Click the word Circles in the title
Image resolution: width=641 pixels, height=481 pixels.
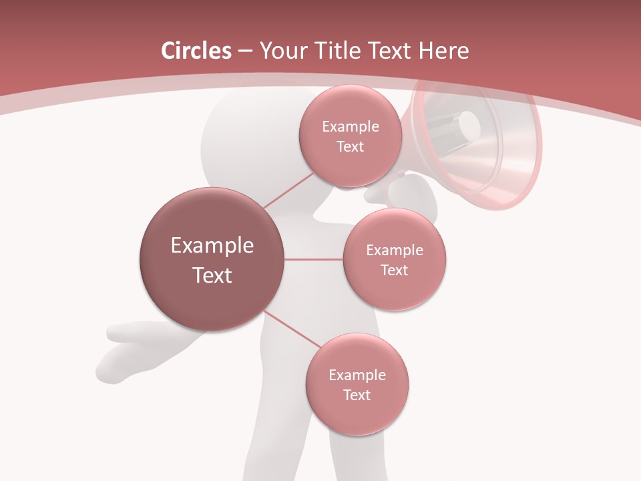pyautogui.click(x=196, y=51)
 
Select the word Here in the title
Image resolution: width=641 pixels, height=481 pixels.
pyautogui.click(x=443, y=51)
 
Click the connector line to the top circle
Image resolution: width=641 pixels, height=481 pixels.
pyautogui.click(x=288, y=191)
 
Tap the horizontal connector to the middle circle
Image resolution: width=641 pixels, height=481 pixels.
pyautogui.click(x=314, y=259)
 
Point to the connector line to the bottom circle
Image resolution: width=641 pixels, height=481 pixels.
pyautogui.click(x=292, y=329)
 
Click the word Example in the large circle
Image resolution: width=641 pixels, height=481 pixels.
pyautogui.click(x=212, y=246)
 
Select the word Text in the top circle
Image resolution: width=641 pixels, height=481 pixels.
pyautogui.click(x=350, y=147)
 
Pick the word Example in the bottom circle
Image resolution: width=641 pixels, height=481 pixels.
pyautogui.click(x=357, y=375)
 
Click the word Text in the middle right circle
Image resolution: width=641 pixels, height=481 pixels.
pyautogui.click(x=395, y=271)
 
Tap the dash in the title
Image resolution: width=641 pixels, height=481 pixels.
pyautogui.click(x=245, y=51)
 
